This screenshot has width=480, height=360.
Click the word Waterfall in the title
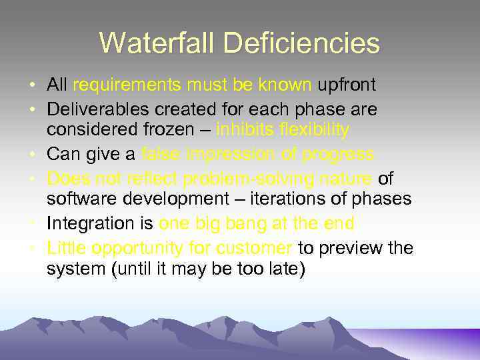(x=156, y=43)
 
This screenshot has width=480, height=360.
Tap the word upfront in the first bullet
(x=347, y=85)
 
